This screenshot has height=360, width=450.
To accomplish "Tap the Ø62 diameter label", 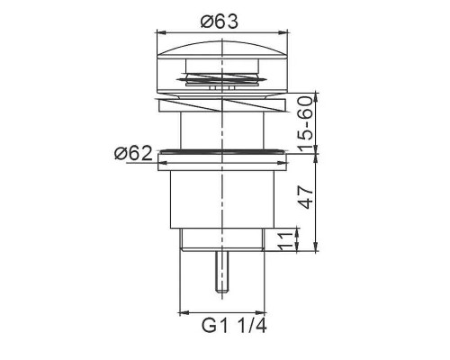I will coord(133,154).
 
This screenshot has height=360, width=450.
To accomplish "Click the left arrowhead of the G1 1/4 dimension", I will coord(183,309).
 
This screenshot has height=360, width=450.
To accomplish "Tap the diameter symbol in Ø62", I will coord(119,154).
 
